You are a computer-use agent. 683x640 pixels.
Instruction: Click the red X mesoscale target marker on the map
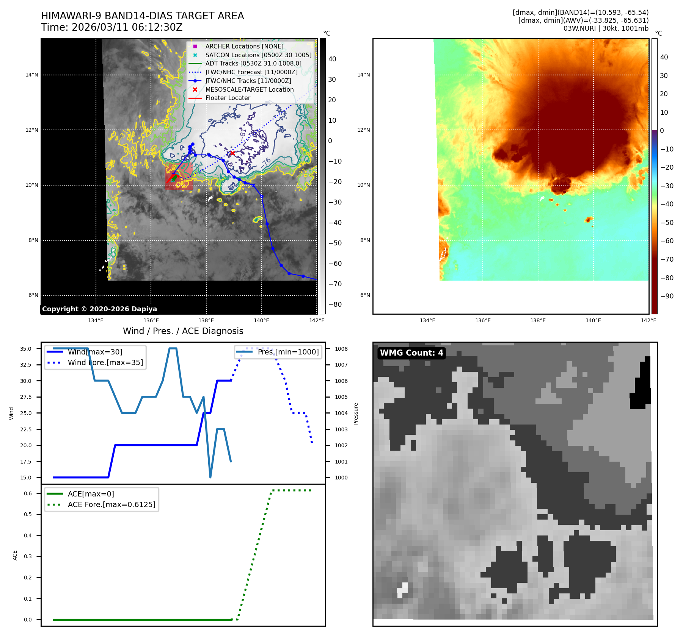point(232,153)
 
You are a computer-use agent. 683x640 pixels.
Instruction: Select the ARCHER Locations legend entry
point(244,46)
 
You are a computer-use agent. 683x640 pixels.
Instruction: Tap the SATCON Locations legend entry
point(258,55)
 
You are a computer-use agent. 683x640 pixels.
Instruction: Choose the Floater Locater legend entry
point(228,98)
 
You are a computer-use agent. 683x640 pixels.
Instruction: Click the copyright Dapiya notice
point(99,309)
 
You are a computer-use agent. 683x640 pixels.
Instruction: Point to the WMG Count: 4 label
point(411,353)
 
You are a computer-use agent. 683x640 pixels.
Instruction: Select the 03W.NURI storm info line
point(606,28)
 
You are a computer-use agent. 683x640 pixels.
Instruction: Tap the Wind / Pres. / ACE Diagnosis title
point(183,331)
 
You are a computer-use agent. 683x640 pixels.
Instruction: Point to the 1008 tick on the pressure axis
point(341,349)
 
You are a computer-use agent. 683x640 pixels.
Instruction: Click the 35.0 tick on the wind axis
point(26,349)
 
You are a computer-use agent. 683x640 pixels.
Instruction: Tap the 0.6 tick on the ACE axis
point(28,493)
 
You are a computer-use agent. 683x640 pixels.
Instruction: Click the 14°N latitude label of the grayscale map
point(32,75)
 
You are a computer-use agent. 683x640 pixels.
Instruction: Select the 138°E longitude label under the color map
point(538,320)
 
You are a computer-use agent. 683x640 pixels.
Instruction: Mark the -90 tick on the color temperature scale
point(667,296)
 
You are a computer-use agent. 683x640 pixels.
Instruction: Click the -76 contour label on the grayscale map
point(266,162)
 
